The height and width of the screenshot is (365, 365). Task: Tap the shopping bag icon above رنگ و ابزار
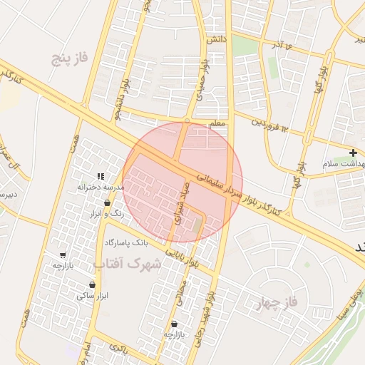(107, 202)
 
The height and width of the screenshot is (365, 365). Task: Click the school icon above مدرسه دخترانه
(101, 176)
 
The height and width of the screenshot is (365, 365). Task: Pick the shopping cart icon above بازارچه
(63, 255)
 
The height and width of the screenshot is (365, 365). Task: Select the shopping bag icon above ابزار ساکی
(93, 284)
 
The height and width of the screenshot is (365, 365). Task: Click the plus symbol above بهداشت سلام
(353, 153)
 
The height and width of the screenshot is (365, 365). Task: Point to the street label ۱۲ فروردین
(268, 124)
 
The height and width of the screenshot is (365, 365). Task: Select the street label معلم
(217, 124)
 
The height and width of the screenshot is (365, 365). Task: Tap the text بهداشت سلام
(344, 164)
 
